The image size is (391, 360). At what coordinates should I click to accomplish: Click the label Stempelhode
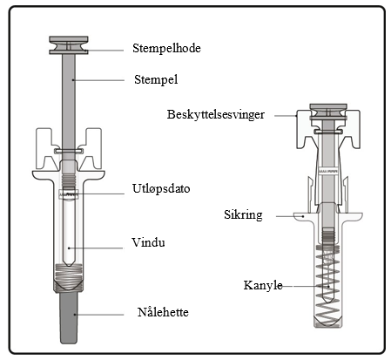click(166, 48)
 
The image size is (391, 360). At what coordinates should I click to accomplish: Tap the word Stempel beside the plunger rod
click(156, 79)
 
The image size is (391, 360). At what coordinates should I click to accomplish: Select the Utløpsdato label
click(161, 188)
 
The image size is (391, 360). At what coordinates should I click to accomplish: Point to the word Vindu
click(148, 242)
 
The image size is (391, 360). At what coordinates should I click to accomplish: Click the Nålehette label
click(163, 312)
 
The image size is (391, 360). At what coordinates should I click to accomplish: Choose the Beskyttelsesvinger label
click(216, 114)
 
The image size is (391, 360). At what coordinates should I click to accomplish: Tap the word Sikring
click(243, 215)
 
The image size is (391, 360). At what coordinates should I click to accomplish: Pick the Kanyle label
click(263, 285)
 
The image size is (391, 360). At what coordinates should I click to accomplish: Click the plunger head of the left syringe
click(69, 45)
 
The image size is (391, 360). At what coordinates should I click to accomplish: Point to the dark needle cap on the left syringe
click(69, 317)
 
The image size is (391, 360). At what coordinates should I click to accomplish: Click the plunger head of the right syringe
click(328, 112)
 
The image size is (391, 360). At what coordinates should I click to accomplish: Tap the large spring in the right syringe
click(328, 288)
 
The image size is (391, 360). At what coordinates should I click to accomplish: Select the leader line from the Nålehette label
click(99, 315)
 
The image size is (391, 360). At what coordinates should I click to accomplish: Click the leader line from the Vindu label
click(96, 248)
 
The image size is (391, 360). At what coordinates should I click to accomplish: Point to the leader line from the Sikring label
click(290, 216)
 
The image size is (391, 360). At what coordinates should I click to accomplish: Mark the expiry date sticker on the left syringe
click(69, 194)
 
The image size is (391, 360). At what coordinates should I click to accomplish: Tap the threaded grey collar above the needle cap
click(69, 278)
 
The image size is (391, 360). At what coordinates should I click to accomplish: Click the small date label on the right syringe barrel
click(328, 172)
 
